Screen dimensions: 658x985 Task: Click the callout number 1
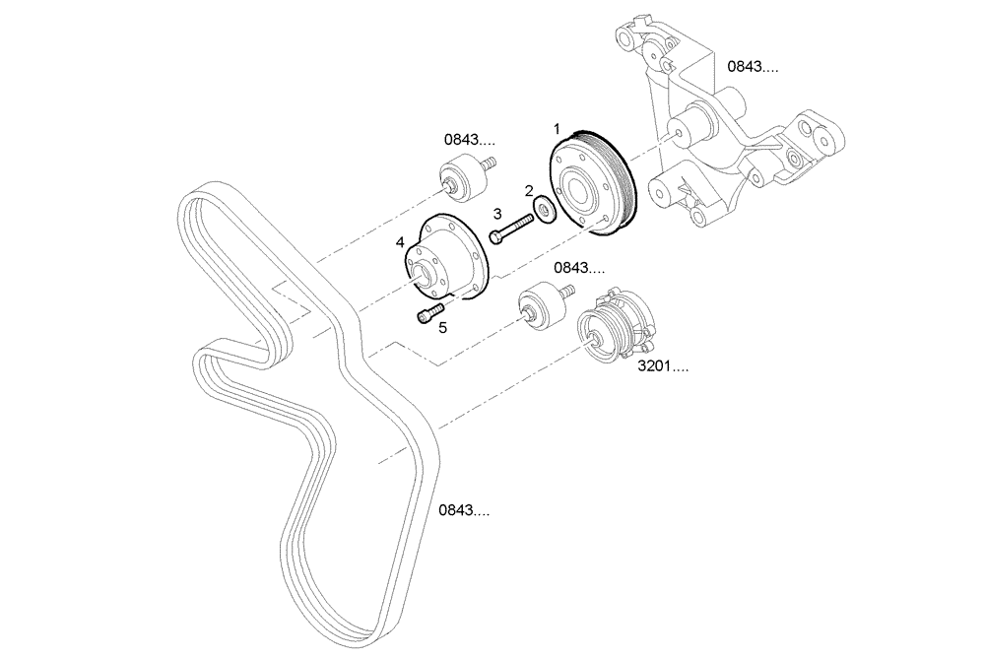[x=557, y=129]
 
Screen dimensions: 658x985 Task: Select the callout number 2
[x=529, y=191]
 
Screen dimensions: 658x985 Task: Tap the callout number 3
[x=497, y=214]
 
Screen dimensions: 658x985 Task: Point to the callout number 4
[x=400, y=242]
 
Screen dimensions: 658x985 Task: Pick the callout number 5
[x=442, y=327]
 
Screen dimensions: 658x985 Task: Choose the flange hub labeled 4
[x=448, y=258]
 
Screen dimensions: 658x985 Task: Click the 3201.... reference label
[x=663, y=366]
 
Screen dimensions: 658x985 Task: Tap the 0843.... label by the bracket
[x=753, y=67]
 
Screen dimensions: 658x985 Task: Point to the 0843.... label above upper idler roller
[x=469, y=141]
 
